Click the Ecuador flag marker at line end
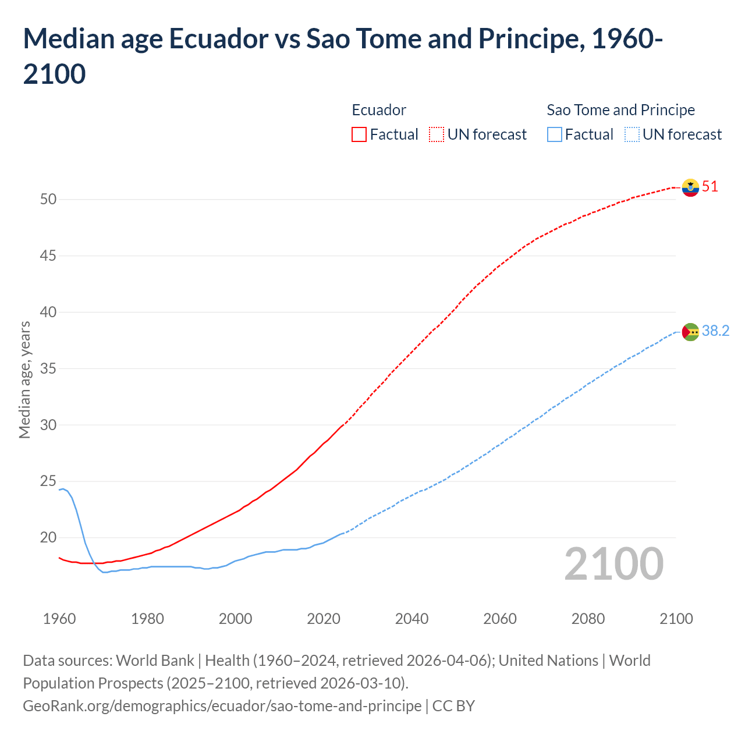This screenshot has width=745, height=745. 690,187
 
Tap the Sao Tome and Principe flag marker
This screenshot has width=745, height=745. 690,332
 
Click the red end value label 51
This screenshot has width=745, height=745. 710,187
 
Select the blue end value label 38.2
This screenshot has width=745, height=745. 715,331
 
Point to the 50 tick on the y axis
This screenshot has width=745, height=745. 48,200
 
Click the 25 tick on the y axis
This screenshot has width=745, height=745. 48,481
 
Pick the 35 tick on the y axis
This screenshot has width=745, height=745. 48,369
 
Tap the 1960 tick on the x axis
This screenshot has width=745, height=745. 59,619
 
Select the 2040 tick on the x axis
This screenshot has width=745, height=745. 412,619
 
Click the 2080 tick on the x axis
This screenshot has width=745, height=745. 588,619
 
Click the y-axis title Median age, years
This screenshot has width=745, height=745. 24,379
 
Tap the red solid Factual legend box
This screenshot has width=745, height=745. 359,134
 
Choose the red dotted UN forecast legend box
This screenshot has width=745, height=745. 437,134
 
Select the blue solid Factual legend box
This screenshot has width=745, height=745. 555,134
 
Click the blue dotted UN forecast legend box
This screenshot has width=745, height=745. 632,134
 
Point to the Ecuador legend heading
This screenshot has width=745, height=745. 379,110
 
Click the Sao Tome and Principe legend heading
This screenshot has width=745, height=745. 620,110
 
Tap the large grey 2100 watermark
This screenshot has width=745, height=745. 614,564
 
